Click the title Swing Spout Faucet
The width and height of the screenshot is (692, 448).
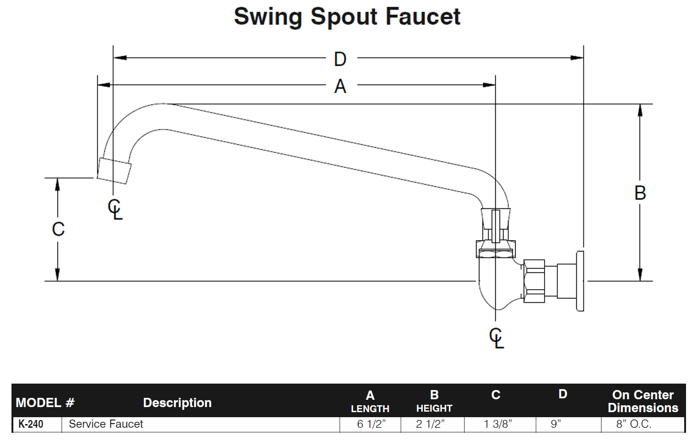tap(347, 17)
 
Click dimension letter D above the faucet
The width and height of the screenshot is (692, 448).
tap(340, 59)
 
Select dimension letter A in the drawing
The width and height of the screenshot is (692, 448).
tap(340, 86)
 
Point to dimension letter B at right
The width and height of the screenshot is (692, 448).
tap(640, 193)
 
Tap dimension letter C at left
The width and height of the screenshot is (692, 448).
tap(58, 229)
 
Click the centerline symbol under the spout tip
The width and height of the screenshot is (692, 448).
tap(115, 209)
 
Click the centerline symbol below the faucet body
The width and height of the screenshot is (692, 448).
tap(496, 338)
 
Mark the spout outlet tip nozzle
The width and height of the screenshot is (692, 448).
tap(114, 171)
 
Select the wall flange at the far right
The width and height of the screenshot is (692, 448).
tap(580, 281)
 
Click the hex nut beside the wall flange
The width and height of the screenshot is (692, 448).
tap(534, 281)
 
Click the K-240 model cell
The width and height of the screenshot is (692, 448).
tap(31, 424)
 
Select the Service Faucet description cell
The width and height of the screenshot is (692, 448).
tap(106, 424)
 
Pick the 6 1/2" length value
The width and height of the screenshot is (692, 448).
tap(371, 424)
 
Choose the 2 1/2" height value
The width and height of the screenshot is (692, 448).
tap(431, 424)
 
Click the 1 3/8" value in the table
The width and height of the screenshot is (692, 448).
tap(498, 424)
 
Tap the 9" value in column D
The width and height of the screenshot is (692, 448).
tap(556, 424)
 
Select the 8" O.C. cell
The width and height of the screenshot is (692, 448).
tap(634, 424)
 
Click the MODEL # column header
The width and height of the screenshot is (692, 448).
tap(45, 403)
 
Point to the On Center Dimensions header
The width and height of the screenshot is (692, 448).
tap(643, 401)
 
